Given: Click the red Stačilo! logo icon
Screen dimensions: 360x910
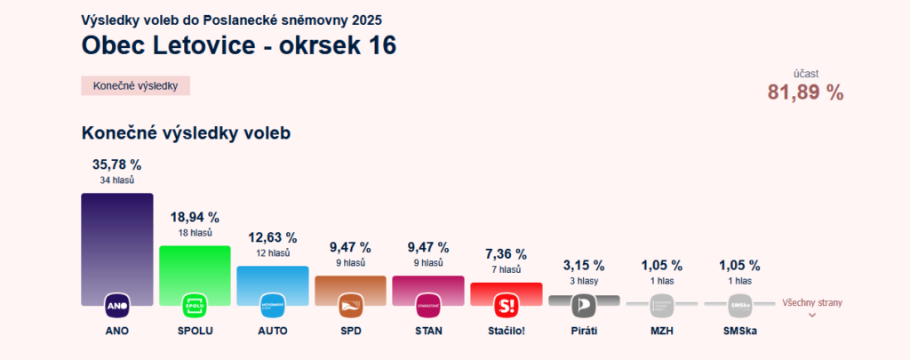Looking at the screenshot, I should [x=506, y=306].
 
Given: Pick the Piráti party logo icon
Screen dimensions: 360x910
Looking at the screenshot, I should [x=584, y=306].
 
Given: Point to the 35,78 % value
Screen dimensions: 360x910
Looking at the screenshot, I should [x=117, y=164].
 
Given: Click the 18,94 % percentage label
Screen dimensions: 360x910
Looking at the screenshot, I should [x=195, y=217].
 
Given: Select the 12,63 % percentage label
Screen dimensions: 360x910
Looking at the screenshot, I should [x=273, y=237].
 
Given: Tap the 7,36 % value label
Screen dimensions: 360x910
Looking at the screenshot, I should [x=506, y=254].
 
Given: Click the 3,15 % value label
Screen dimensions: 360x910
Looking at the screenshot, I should [x=584, y=265].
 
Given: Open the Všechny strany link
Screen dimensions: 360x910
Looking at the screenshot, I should [x=811, y=303].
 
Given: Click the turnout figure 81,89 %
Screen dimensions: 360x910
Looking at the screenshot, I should [x=805, y=92].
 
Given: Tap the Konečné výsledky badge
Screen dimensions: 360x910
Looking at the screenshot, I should [x=136, y=86].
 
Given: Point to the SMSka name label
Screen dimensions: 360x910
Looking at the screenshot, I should [x=739, y=332].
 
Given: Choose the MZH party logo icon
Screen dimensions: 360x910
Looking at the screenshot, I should [x=662, y=306].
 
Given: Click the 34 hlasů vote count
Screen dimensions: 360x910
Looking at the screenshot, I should [x=117, y=180].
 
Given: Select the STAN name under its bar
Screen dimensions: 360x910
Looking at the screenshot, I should [x=428, y=332].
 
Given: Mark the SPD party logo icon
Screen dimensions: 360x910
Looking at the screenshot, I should [x=350, y=306].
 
